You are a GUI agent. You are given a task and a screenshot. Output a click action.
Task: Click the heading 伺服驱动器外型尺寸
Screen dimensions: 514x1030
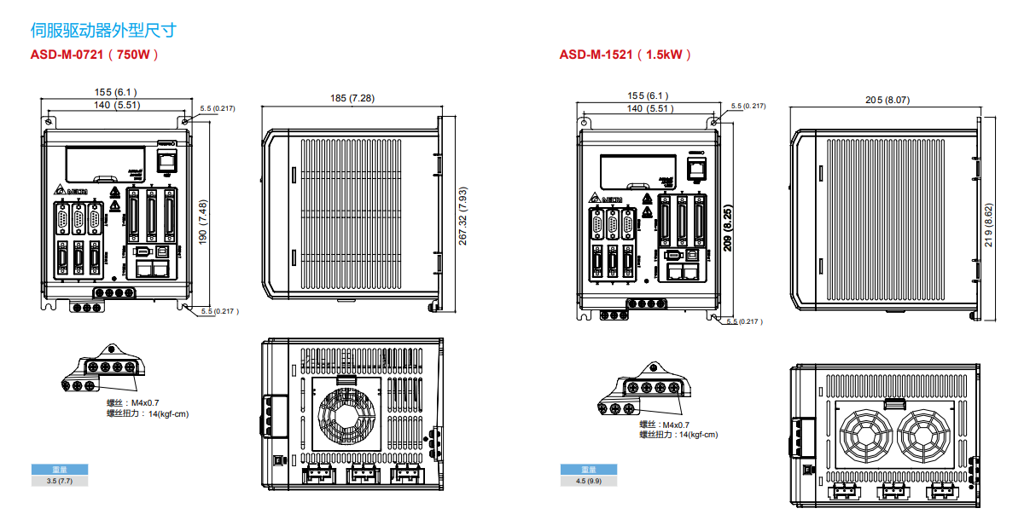pos(102,31)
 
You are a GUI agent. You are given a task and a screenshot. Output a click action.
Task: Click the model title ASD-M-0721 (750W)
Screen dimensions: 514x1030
pos(95,55)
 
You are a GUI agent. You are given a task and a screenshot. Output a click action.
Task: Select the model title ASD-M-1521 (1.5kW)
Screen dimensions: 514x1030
pos(625,55)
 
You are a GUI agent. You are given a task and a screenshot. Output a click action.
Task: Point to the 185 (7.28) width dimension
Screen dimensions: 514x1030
pos(352,98)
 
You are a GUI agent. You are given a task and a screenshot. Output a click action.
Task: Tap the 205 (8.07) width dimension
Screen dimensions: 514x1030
pos(887,100)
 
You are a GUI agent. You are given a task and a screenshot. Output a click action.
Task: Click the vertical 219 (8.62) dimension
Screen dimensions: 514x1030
pos(988,225)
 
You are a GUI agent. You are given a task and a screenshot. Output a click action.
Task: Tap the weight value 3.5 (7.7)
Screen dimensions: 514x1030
pos(60,482)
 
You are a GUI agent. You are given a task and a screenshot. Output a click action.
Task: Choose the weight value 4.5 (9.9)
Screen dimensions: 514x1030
pos(589,482)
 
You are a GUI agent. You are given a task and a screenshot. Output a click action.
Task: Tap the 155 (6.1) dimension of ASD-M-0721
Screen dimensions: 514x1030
pos(115,92)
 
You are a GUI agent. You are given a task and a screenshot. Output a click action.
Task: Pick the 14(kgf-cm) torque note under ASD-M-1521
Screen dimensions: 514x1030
pos(697,435)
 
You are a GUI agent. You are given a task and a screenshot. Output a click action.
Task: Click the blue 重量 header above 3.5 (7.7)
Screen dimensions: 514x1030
pos(60,470)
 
